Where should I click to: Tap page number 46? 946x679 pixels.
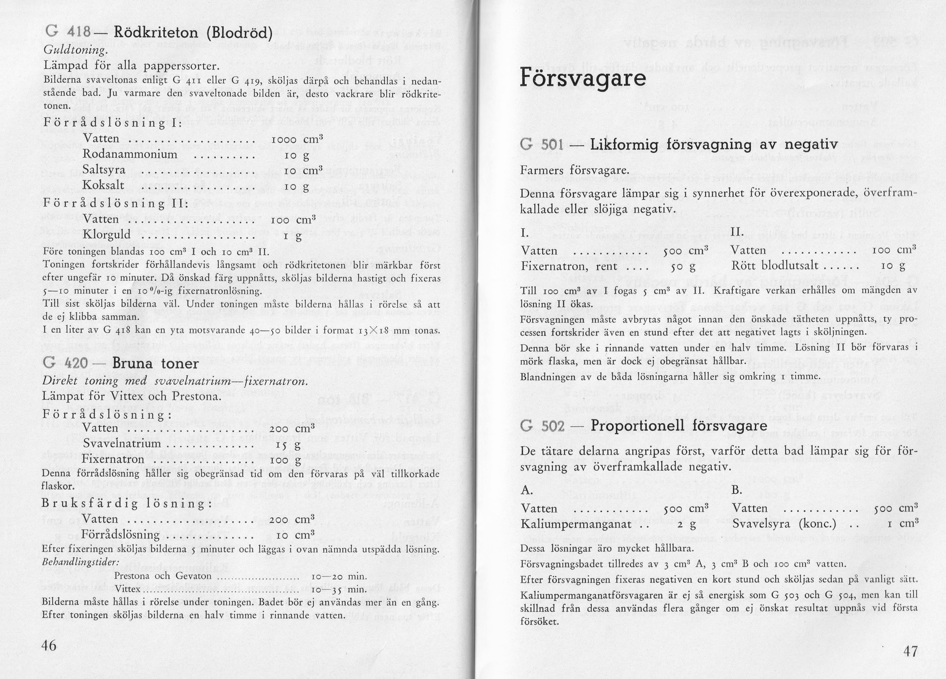[x=49, y=645]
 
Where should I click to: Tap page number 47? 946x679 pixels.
[x=911, y=651]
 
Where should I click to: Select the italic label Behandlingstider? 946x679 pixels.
[x=81, y=562]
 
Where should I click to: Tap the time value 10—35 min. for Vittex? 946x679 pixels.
[x=338, y=590]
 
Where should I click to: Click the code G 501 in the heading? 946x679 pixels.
[x=542, y=145]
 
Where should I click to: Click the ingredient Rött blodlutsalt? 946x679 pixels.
[x=775, y=266]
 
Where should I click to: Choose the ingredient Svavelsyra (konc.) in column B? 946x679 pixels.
[x=784, y=524]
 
